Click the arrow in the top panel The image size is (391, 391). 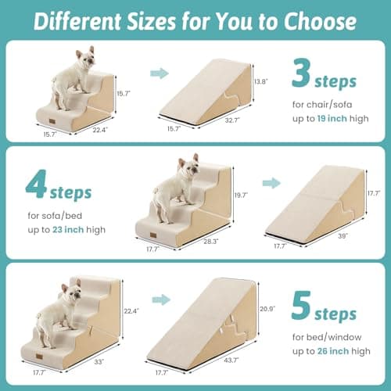[160, 73]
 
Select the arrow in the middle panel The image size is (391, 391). [271, 183]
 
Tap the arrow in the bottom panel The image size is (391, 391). [160, 298]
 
